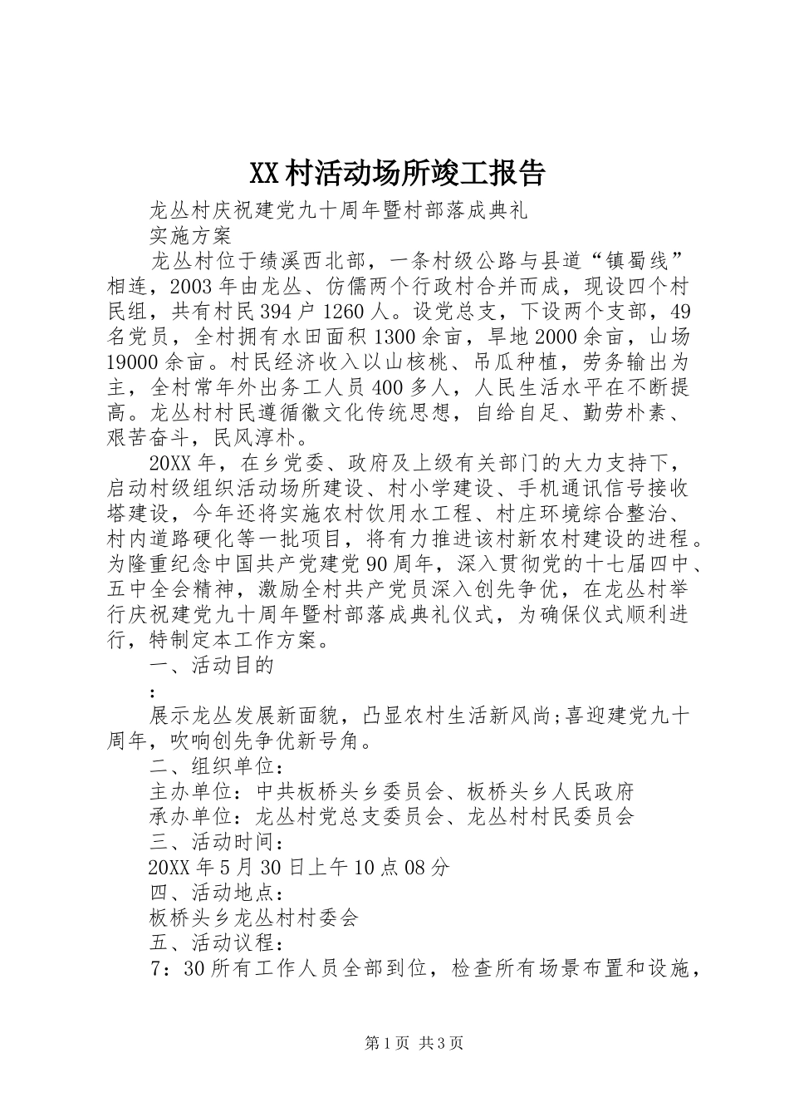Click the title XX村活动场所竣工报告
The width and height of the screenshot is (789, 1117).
tap(396, 173)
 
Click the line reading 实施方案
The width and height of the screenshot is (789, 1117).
tap(190, 235)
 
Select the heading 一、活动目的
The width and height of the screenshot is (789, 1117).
tap(211, 665)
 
